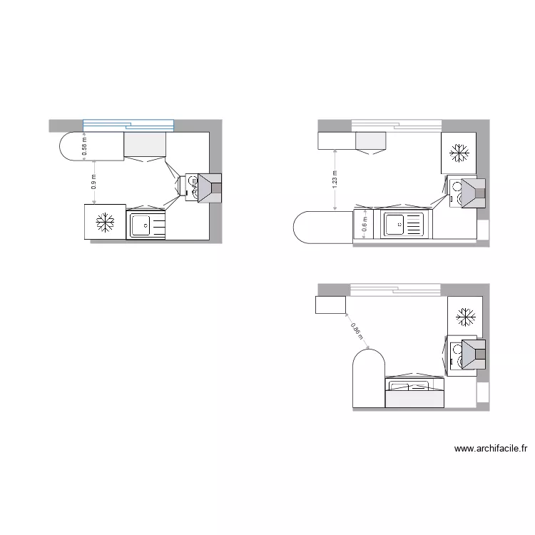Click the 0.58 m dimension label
coord(85,146)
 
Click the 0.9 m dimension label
coord(94,182)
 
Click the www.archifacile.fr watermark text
coord(491,449)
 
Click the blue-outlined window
coord(128,125)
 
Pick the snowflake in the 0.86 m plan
coord(467,316)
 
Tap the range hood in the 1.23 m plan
coord(469,192)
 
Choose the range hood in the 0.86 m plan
coord(471,355)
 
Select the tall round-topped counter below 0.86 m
coord(369,378)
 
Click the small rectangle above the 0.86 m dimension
coord(330,305)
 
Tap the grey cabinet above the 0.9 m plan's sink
coord(145,144)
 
